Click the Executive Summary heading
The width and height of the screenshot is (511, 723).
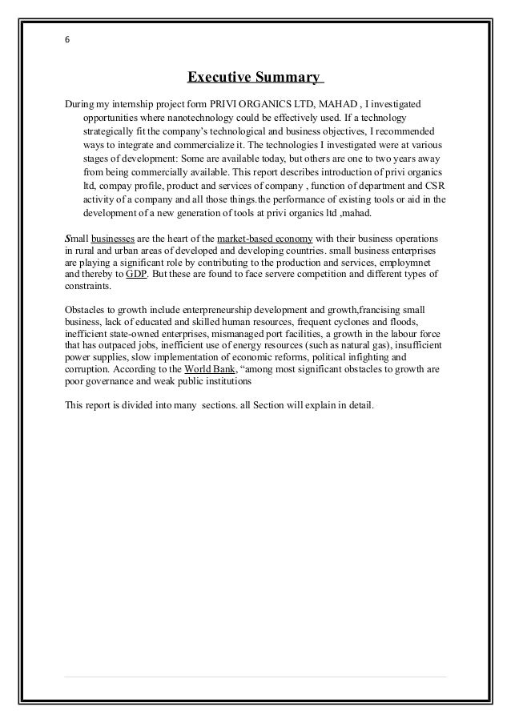point(255,78)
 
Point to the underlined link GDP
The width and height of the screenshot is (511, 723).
point(137,273)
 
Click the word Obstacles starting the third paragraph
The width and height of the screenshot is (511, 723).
point(85,308)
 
